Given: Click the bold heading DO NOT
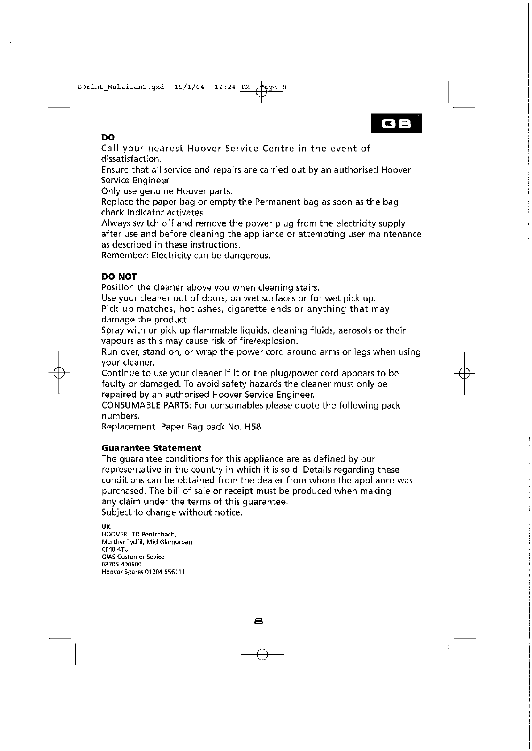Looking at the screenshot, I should pyautogui.click(x=119, y=276).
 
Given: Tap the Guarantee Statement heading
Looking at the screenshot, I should pyautogui.click(x=151, y=448).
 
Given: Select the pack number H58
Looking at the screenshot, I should pyautogui.click(x=253, y=427).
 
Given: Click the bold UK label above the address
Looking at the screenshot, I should pyautogui.click(x=106, y=527).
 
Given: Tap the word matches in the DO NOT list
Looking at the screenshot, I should pyautogui.click(x=155, y=309).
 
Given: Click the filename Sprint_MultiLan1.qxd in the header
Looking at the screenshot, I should pyautogui.click(x=121, y=87).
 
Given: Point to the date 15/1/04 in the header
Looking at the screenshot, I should pyautogui.click(x=189, y=87).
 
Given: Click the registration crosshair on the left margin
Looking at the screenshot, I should pyautogui.click(x=59, y=373).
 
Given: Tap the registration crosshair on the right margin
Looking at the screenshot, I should pyautogui.click(x=464, y=373).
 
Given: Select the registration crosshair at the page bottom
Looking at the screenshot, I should pyautogui.click(x=262, y=654).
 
